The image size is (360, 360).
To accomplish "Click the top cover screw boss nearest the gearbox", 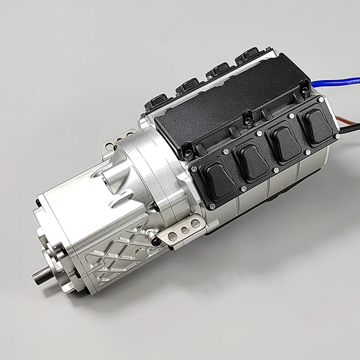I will pyautogui.click(x=188, y=148).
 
